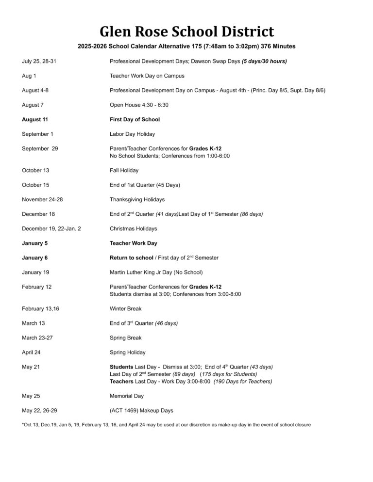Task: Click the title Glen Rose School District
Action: coord(186,32)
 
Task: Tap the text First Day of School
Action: coord(135,119)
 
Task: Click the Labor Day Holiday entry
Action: coord(132,134)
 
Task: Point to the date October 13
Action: coord(35,170)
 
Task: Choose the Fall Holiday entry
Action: coord(124,170)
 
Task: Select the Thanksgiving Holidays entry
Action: coord(137,199)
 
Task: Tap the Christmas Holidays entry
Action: coord(133,228)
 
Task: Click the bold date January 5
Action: coord(34,243)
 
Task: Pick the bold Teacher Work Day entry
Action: coord(134,243)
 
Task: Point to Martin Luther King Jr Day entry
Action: coord(156,272)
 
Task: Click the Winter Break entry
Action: coord(125,308)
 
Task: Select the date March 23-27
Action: coord(37,337)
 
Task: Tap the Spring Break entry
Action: coord(125,337)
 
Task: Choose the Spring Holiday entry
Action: coord(127,352)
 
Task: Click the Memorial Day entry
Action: coord(126,396)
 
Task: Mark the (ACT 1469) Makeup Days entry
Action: coord(141,410)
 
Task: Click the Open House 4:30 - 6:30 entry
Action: coord(139,105)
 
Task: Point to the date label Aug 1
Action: coord(29,76)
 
